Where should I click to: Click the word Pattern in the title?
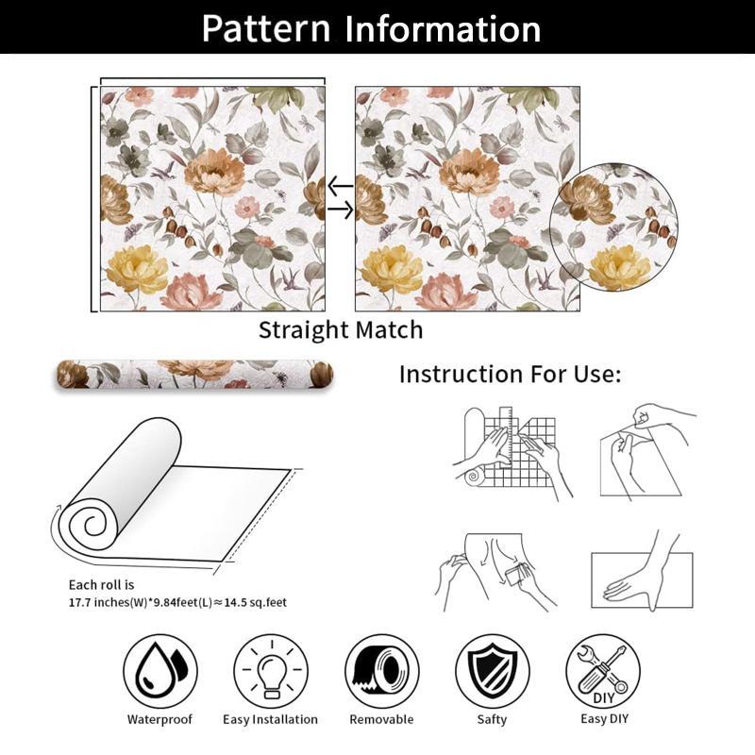(266, 29)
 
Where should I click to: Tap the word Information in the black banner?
(443, 29)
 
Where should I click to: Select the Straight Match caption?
(341, 331)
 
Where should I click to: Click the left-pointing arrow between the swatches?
(340, 186)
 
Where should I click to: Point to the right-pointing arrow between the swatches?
(341, 210)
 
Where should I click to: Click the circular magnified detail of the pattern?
(613, 226)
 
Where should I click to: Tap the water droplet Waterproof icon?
(159, 671)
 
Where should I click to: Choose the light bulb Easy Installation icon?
(271, 671)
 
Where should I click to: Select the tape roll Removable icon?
(382, 671)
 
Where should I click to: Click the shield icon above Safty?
(492, 671)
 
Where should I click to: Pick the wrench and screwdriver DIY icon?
(603, 671)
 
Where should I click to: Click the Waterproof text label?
(159, 719)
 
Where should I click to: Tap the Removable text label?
(381, 719)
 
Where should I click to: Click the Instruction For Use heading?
(510, 374)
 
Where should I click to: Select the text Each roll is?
(101, 585)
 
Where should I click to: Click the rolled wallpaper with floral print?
(195, 375)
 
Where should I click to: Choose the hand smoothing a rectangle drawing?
(643, 576)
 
